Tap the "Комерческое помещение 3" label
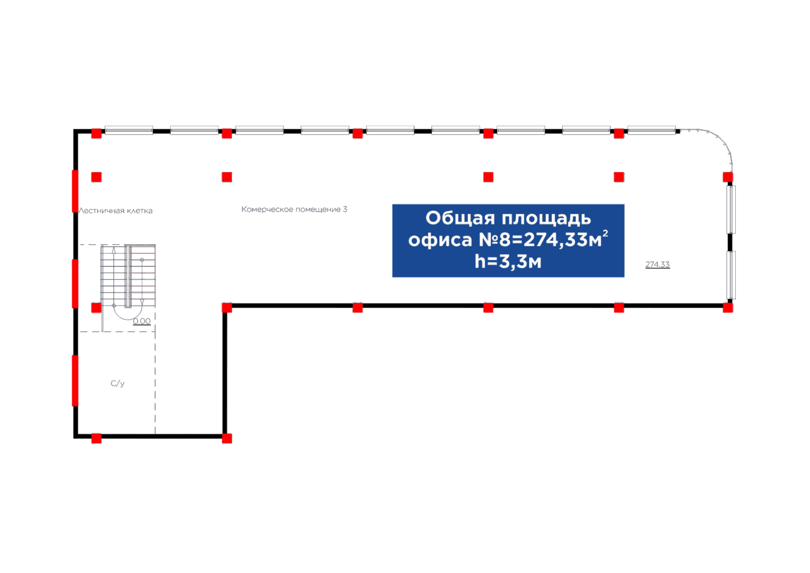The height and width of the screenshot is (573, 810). (294, 209)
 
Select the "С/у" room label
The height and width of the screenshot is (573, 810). (118, 383)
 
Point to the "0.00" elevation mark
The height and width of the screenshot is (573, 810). (142, 322)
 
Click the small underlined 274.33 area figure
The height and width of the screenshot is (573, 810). (657, 265)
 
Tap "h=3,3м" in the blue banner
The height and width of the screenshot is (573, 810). (507, 262)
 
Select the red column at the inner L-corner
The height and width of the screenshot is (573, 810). (227, 307)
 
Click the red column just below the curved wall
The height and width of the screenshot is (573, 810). (728, 177)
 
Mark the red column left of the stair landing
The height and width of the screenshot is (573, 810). (96, 307)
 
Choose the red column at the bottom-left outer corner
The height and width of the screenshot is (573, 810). (97, 438)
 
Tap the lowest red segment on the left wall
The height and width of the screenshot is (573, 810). (75, 380)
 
